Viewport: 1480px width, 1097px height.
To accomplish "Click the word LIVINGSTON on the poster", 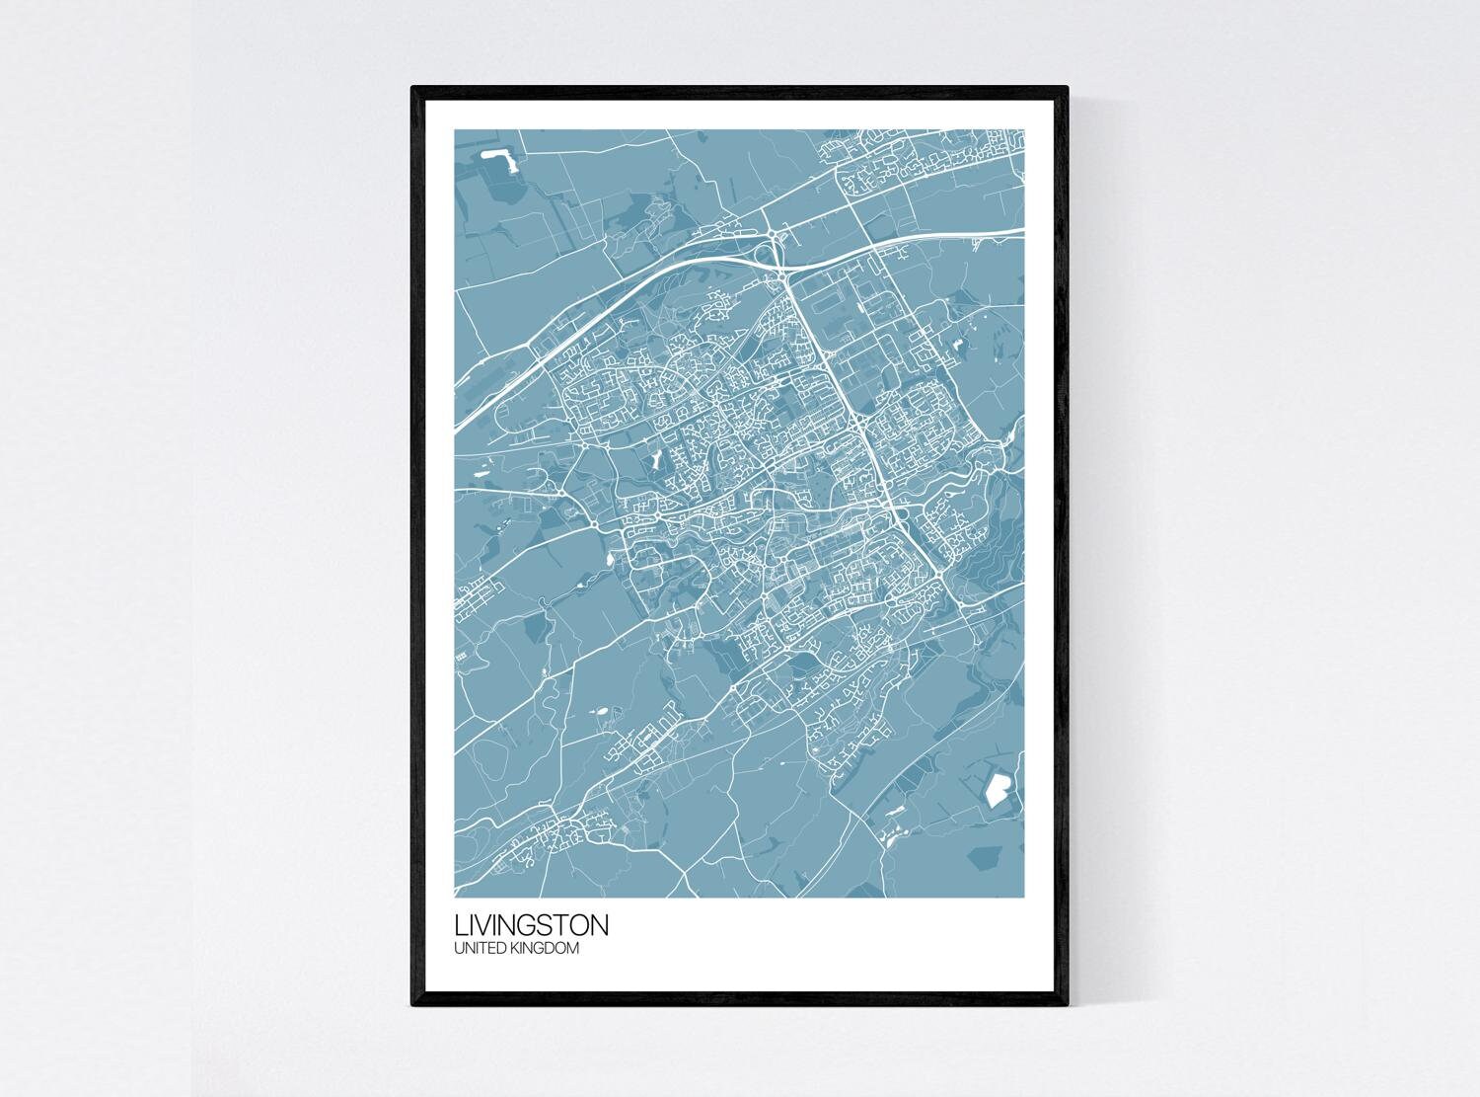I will (532, 927).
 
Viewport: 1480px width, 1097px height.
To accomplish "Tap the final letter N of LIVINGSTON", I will (600, 927).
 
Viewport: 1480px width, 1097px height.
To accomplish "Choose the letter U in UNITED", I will (459, 949).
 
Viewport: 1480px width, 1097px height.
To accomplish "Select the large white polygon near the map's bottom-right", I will (998, 787).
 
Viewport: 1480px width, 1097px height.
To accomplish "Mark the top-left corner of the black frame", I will (413, 89).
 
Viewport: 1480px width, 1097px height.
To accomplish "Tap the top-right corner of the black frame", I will (1067, 89).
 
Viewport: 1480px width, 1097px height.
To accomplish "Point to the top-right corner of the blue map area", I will (1024, 130).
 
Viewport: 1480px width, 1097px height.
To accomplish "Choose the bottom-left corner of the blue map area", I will (455, 898).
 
